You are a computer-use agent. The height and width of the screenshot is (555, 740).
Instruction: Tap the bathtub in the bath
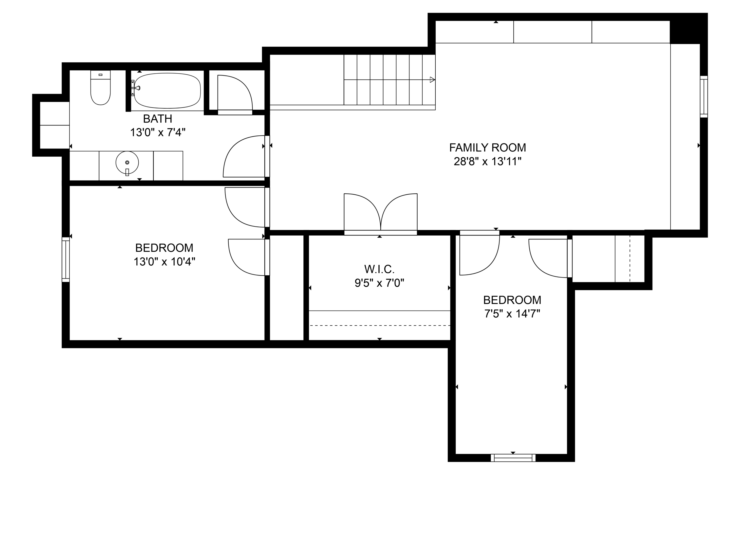tap(167, 91)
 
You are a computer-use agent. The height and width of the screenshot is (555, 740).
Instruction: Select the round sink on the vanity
tap(127, 163)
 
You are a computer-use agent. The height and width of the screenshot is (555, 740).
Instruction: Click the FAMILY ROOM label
tap(487, 148)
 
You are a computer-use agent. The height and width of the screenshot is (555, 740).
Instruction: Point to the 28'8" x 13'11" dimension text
tap(487, 162)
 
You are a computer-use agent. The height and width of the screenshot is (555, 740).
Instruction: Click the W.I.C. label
tap(379, 269)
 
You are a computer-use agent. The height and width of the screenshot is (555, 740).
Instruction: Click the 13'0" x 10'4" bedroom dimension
tap(164, 262)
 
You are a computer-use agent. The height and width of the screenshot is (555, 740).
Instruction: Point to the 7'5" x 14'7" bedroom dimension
tap(512, 314)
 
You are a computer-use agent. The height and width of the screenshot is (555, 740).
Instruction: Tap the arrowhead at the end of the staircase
tap(432, 80)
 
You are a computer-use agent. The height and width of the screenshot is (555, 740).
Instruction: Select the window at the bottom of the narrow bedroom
tap(513, 458)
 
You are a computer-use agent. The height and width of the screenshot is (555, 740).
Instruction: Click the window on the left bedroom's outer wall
tap(66, 259)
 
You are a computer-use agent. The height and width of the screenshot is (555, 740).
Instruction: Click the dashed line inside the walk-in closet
tap(379, 326)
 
